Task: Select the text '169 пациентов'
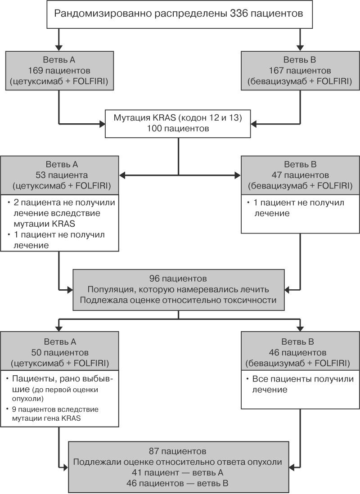pyautogui.click(x=59, y=71)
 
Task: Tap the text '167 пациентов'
pyautogui.click(x=300, y=71)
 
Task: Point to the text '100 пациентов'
pyautogui.click(x=178, y=129)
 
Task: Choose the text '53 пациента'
pyautogui.click(x=62, y=175)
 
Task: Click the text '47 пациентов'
pyautogui.click(x=300, y=175)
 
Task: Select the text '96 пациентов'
pyautogui.click(x=178, y=278)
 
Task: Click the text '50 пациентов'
pyautogui.click(x=60, y=353)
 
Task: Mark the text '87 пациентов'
pyautogui.click(x=177, y=451)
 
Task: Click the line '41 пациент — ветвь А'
pyautogui.click(x=177, y=472)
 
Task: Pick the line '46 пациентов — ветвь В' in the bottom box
pyautogui.click(x=177, y=483)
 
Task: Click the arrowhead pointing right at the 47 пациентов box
pyautogui.click(x=237, y=175)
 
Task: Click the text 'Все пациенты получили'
pyautogui.click(x=303, y=379)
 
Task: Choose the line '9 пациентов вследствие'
pyautogui.click(x=55, y=409)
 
